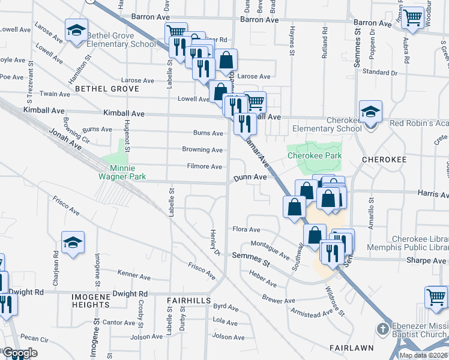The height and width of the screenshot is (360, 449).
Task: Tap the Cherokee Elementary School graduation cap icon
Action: tap(370, 112)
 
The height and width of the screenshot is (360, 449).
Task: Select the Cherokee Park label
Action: tap(314, 155)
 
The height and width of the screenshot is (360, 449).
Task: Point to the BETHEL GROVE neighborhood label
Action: tap(107, 89)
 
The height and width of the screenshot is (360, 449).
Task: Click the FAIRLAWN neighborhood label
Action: tap(352, 347)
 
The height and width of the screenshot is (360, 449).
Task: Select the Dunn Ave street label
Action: tap(250, 178)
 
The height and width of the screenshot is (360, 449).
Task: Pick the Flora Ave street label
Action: tap(246, 230)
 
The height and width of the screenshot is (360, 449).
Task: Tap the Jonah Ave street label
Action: tap(65, 139)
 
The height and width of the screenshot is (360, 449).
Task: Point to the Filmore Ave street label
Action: tap(205, 167)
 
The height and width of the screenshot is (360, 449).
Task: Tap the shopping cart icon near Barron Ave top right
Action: tap(412, 18)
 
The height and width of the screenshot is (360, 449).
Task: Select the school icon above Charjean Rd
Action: tap(73, 243)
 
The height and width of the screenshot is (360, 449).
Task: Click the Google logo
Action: tap(20, 353)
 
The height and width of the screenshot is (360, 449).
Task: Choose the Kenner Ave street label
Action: tap(134, 276)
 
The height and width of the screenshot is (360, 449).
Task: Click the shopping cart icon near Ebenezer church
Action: tap(436, 296)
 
